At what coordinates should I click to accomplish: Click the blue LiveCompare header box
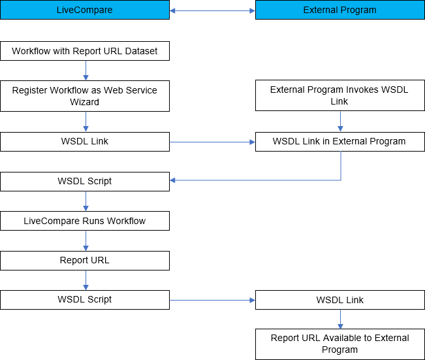pos(85,10)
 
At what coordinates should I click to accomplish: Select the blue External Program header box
pos(339,10)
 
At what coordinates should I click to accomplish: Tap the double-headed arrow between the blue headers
pos(212,10)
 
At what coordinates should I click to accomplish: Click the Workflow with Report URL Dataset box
pos(85,51)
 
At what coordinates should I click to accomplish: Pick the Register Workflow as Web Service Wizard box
pos(85,95)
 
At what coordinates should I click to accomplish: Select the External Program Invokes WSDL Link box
pos(339,95)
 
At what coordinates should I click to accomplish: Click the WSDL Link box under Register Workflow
pos(85,141)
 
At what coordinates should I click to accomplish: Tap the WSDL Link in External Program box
pos(339,141)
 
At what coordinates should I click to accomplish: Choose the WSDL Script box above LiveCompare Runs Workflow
pos(85,181)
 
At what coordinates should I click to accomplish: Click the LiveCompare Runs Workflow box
pos(85,221)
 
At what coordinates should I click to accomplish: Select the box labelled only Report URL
pos(85,260)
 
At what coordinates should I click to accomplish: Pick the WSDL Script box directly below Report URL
pos(85,299)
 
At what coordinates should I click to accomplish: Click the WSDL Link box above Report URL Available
pos(339,300)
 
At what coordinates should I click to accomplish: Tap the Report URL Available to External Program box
pos(339,344)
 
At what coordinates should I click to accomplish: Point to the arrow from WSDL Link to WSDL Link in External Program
pos(212,141)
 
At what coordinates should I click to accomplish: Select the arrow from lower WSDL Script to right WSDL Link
pos(212,301)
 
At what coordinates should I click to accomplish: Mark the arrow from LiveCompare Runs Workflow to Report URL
pos(86,240)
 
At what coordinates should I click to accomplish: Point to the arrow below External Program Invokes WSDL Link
pos(340,122)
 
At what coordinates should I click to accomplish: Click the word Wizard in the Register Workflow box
pos(85,102)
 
